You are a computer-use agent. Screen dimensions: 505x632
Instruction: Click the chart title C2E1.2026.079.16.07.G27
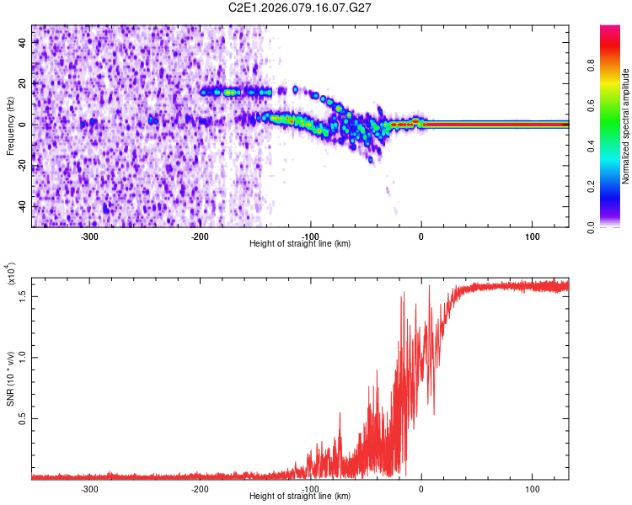point(301,7)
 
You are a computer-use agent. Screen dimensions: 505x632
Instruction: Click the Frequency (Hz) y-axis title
point(9,125)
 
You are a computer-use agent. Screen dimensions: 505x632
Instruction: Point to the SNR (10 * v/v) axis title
point(10,375)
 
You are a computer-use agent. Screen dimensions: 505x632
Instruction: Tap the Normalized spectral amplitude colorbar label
point(625,126)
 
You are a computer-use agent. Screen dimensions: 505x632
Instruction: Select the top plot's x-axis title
point(300,243)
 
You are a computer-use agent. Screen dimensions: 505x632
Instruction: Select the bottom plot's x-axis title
point(300,496)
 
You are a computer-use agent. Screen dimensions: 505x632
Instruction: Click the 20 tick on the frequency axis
point(24,83)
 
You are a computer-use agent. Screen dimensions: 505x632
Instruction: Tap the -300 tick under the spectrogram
point(89,236)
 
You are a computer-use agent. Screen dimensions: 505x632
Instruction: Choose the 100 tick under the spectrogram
point(532,236)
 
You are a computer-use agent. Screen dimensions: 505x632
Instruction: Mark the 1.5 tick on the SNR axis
point(23,295)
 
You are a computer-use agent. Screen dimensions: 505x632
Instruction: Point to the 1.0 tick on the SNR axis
point(23,357)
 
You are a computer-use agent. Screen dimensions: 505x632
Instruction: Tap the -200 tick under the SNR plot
point(200,488)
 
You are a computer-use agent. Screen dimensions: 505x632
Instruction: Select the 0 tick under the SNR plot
point(421,488)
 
